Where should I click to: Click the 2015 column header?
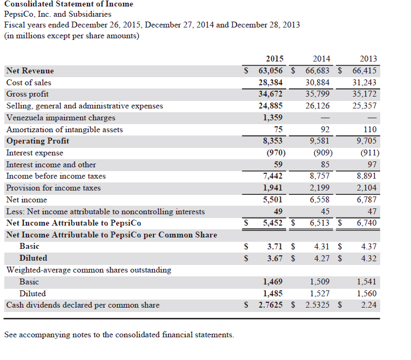(x=275, y=59)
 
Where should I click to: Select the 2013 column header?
(x=368, y=59)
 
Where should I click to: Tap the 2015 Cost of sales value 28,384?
(x=271, y=83)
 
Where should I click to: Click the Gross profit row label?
(x=28, y=94)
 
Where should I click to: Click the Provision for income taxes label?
(x=53, y=188)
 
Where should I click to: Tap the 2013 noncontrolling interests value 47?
(x=372, y=212)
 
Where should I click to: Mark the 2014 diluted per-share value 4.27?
(x=322, y=258)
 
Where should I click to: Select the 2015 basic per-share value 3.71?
(x=275, y=247)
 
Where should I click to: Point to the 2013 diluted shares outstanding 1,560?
(x=367, y=294)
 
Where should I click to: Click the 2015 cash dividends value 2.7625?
(x=271, y=305)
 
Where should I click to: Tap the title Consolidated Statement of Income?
(x=69, y=4)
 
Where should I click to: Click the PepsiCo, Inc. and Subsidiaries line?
(x=58, y=15)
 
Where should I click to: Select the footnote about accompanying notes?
(x=119, y=335)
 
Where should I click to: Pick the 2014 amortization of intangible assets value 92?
(x=325, y=130)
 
